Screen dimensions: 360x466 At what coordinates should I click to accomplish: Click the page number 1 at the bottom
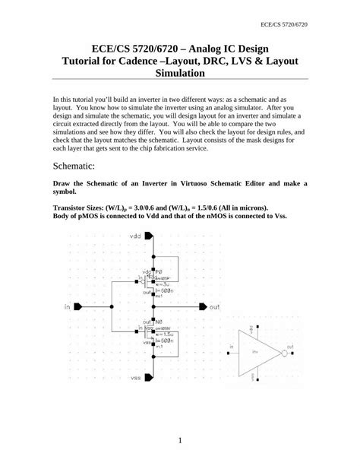[180, 440]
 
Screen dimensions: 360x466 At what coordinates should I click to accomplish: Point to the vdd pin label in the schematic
[136, 236]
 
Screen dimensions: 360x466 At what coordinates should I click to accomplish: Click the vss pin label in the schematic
[136, 377]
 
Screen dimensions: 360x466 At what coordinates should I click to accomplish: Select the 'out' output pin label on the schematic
[215, 307]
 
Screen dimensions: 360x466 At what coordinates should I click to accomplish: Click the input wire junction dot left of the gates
[112, 307]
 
